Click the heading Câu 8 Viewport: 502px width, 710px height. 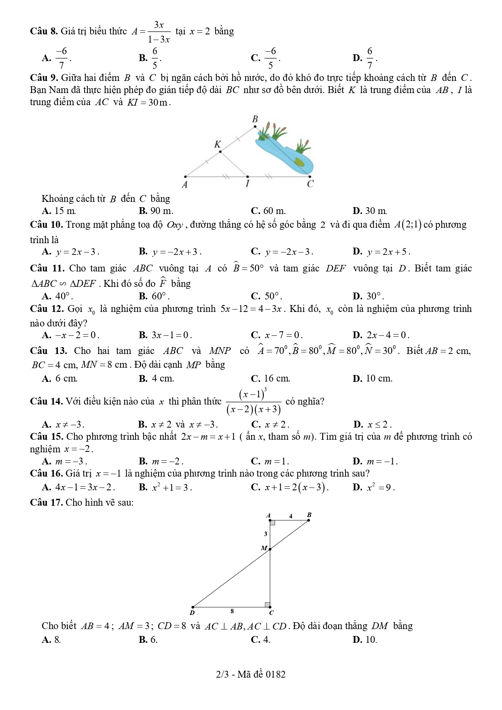point(44,31)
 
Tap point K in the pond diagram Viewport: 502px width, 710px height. point(220,152)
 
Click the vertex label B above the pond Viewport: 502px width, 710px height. point(255,119)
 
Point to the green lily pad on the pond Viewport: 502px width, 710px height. point(299,162)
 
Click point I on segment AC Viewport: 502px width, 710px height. point(248,176)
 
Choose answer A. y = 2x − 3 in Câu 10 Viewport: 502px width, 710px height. point(71,252)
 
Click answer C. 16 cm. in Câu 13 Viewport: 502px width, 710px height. point(270,379)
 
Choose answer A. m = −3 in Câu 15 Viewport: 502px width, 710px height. point(65,461)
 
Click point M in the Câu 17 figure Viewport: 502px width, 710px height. point(270,549)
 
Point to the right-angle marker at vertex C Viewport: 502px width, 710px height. point(267,605)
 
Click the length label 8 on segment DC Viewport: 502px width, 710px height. point(232,611)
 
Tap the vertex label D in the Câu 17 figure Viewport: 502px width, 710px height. point(192,613)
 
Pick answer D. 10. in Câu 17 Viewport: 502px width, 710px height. point(365,640)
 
